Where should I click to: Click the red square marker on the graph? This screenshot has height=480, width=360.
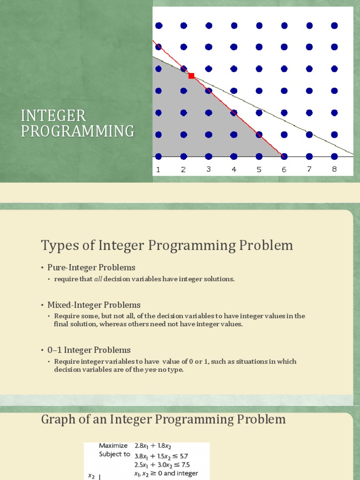point(191,75)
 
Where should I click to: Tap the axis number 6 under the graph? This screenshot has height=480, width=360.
point(284,170)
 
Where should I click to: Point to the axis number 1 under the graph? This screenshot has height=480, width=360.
point(158,170)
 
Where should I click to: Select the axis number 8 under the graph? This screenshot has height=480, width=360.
point(334,169)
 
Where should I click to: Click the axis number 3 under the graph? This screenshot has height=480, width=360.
point(209,169)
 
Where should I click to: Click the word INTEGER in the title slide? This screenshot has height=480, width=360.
point(53,115)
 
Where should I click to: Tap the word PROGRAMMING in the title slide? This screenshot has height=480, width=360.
point(77,131)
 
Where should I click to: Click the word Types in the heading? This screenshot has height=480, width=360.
point(58,245)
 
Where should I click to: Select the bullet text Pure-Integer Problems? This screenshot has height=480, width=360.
point(91,268)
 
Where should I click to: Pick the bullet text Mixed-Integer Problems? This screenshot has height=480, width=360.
point(94,305)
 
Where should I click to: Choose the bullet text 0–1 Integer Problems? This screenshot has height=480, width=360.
point(89,350)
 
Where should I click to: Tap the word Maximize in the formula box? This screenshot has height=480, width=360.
point(113,446)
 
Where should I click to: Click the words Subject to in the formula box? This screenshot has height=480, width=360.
point(114,455)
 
